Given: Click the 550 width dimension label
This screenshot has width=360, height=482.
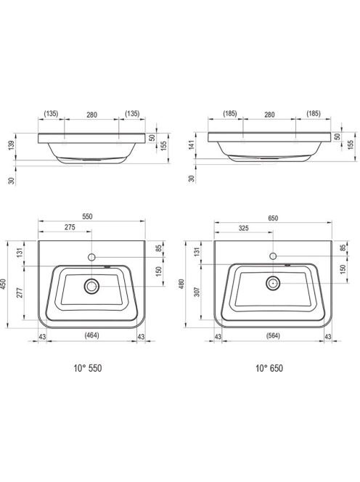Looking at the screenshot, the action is click(x=87, y=216).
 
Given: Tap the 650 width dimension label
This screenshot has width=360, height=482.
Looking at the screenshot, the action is click(x=273, y=218).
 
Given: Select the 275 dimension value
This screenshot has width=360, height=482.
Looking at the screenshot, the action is click(x=70, y=227).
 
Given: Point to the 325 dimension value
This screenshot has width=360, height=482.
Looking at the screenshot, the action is click(x=243, y=228).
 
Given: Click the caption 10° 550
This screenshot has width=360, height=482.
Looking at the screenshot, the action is click(x=88, y=368).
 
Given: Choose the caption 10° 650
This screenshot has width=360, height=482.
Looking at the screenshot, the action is click(x=269, y=368).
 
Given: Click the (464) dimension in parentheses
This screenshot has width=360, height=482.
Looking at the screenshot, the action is click(x=91, y=335).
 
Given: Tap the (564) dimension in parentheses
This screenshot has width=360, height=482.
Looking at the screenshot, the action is click(x=273, y=335).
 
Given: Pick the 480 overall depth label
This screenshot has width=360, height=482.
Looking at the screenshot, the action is click(x=181, y=283).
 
